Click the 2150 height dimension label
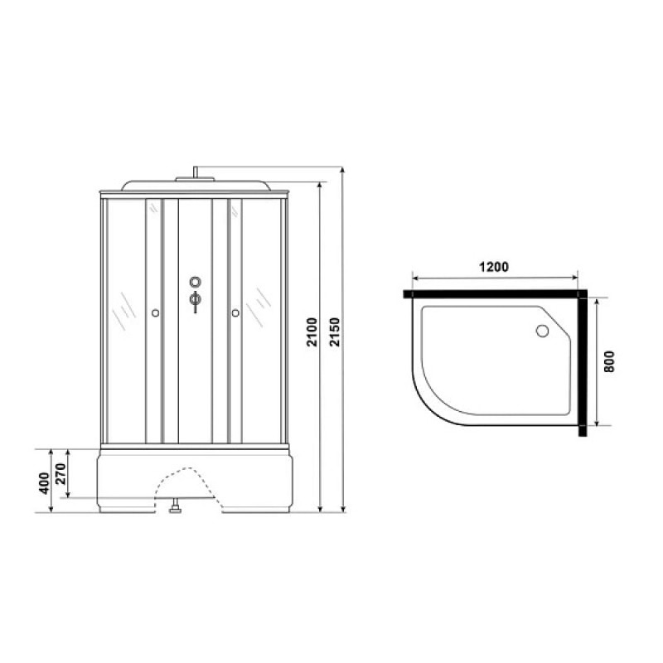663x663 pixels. (335, 332)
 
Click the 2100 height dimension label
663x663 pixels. (312, 332)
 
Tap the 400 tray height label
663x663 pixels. (44, 484)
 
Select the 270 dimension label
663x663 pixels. (60, 473)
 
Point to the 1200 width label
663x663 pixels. (493, 267)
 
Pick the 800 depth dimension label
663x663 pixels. (608, 361)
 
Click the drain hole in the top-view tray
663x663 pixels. (542, 331)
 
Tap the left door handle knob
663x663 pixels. (155, 313)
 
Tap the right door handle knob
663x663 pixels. (235, 313)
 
